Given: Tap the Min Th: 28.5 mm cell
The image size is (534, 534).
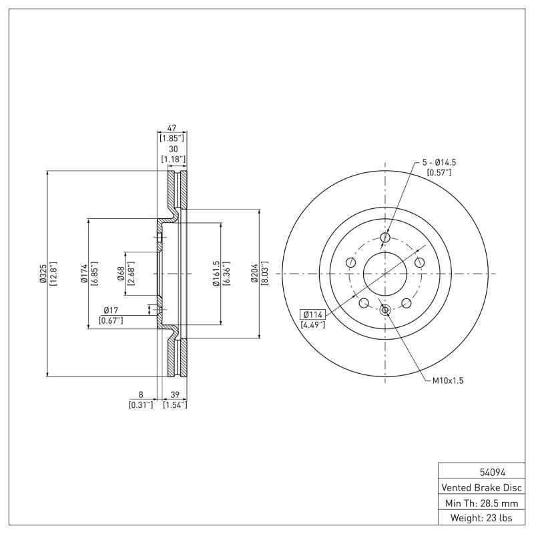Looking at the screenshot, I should (x=481, y=503).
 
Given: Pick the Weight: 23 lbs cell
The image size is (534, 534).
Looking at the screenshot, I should (x=481, y=518).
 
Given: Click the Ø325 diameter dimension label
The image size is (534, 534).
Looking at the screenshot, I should (x=43, y=274).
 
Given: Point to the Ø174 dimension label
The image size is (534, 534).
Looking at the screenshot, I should (x=85, y=274).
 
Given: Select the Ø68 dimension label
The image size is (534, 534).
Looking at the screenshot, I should (x=121, y=274).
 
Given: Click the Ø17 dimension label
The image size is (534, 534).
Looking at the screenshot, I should (x=111, y=310).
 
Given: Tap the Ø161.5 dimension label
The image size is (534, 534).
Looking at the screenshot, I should (x=216, y=274).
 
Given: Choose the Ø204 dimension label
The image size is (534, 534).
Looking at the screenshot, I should (x=254, y=274).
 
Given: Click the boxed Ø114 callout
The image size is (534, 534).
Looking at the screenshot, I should (x=312, y=314).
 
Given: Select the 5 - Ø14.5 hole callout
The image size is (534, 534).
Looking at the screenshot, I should (x=439, y=162).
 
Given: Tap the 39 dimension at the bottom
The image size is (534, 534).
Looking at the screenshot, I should (x=174, y=394).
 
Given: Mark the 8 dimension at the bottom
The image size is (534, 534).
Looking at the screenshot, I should (x=141, y=394).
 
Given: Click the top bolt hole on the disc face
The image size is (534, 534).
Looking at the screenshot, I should (x=384, y=237).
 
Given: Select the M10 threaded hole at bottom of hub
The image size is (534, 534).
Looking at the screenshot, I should (x=384, y=310).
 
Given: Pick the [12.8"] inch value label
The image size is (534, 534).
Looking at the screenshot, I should (x=53, y=274).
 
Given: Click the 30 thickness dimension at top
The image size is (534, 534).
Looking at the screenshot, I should (x=174, y=149).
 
